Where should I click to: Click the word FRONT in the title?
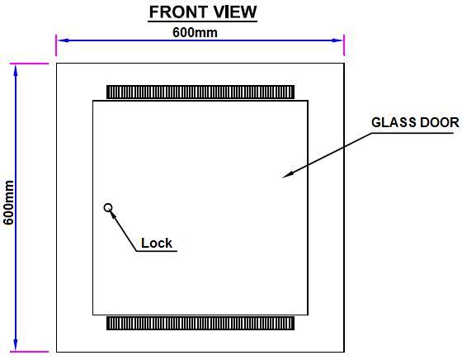[178, 12]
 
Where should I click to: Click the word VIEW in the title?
[235, 12]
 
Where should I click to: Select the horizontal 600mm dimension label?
[195, 32]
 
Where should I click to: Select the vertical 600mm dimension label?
[8, 202]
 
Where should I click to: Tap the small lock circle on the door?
[108, 207]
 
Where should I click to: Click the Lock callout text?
[157, 243]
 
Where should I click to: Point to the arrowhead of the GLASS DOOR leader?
[286, 175]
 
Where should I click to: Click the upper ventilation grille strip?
[200, 92]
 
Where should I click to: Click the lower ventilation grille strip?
[200, 323]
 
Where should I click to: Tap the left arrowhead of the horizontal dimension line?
[63, 40]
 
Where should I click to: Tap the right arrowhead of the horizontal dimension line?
[337, 40]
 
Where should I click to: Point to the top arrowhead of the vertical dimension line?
[16, 70]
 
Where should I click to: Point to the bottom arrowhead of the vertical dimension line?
[16, 345]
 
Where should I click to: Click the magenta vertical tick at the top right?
[344, 45]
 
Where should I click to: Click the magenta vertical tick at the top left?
[56, 45]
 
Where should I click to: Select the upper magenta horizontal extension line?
[29, 64]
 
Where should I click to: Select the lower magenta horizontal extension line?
[29, 352]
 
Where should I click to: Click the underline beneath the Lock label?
[157, 251]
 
